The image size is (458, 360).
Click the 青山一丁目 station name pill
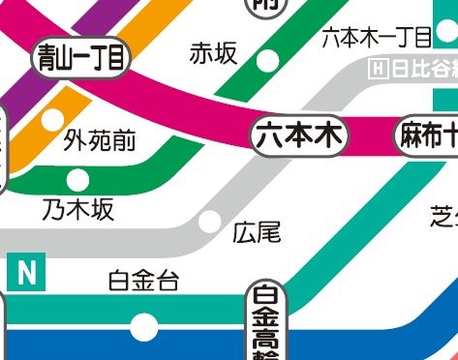[82, 58]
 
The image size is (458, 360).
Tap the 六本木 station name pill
[299, 137]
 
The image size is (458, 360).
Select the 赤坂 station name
[213, 53]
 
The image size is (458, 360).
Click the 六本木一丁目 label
[376, 38]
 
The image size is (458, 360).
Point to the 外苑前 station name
[100, 142]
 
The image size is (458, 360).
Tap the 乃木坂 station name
[77, 208]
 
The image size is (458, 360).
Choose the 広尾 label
[257, 232]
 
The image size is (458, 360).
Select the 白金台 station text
[143, 282]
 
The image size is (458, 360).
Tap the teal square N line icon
[26, 273]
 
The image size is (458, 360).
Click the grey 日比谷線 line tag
[413, 69]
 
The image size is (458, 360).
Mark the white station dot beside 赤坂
[267, 60]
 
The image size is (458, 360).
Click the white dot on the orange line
[50, 120]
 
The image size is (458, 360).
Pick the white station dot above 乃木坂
[77, 180]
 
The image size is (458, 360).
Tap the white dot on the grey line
[208, 222]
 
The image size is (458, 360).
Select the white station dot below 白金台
[143, 326]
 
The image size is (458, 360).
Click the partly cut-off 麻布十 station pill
[427, 137]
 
